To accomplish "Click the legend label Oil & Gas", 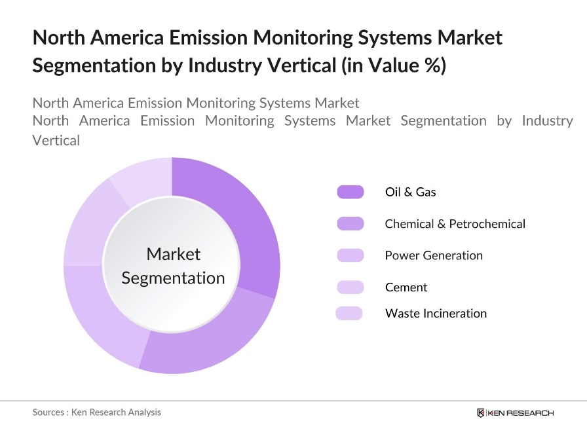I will coord(410,192).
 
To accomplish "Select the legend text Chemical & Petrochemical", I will coord(455,224).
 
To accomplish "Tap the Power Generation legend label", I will coord(434,255).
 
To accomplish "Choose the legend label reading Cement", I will coord(406,287).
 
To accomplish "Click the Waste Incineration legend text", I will coord(436,313).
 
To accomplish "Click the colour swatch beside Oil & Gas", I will coord(350,192).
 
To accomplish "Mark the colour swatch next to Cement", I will coord(350,287).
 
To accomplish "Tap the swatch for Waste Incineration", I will coord(349,313).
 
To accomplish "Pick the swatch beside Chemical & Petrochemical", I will coord(350,224).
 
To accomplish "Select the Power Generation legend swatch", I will coord(350,255).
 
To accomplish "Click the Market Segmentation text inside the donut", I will coord(173,266).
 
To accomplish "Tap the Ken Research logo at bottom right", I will coord(515,412).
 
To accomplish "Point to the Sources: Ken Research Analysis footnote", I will coord(96,412).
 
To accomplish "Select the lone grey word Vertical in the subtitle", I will coord(56,140).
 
